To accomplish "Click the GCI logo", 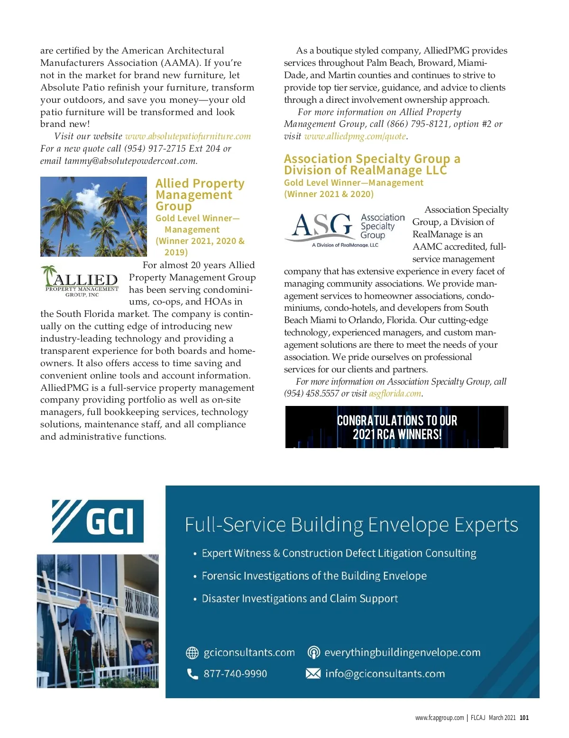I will [98, 521].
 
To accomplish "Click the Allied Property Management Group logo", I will [80, 282].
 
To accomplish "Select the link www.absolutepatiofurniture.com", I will [188, 136].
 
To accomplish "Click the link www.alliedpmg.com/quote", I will [355, 136].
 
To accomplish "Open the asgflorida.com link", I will [395, 394].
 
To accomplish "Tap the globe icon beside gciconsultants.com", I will [192, 653].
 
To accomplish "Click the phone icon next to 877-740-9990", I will [193, 674].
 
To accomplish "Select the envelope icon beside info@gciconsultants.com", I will [313, 674].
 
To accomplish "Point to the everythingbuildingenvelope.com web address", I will [402, 653].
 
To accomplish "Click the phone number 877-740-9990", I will [235, 674].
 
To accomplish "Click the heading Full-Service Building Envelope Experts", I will [351, 525].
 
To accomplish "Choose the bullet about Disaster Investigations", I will [300, 599].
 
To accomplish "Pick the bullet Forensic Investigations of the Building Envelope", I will [314, 576].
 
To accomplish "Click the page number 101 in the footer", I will [524, 718].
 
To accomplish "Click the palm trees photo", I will [93, 216].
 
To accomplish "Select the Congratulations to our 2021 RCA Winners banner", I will [397, 427].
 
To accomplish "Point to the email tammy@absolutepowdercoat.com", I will [130, 161].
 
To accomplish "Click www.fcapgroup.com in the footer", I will [440, 718].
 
